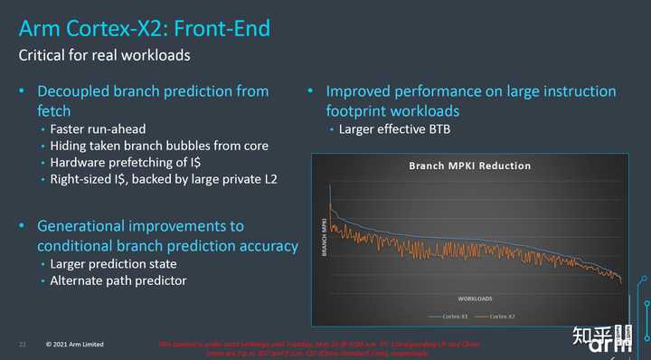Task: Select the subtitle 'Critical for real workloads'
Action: pos(105,56)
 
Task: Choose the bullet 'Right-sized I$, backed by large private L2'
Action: pos(164,179)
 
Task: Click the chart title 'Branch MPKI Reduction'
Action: pos(469,166)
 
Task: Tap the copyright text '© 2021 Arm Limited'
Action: pos(77,345)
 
